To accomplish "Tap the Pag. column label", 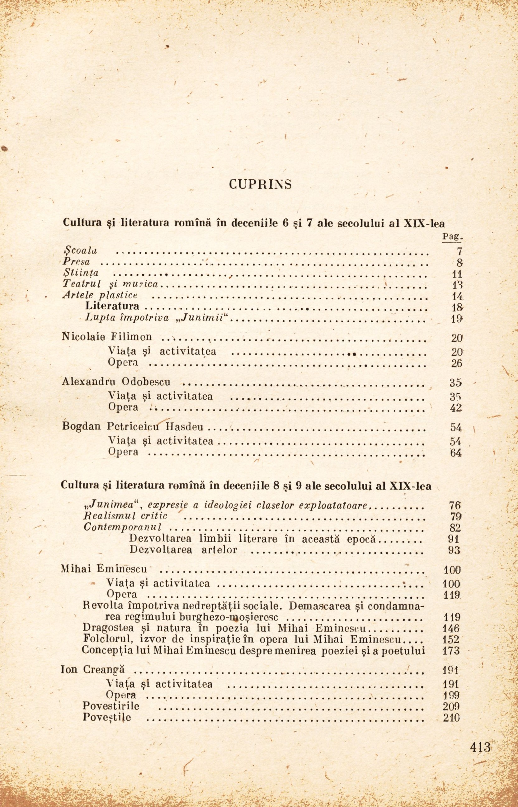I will (451, 237).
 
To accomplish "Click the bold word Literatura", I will (112, 306).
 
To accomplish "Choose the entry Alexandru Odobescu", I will (116, 382).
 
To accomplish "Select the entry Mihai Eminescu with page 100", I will (104, 569).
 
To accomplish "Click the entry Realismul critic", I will (126, 515).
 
